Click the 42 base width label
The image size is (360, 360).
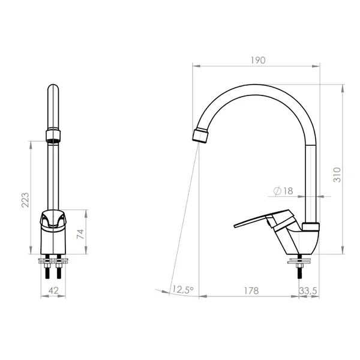click(54, 290)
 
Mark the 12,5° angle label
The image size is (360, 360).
click(182, 290)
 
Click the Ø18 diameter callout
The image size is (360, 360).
click(283, 191)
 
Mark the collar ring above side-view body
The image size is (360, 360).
click(312, 226)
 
